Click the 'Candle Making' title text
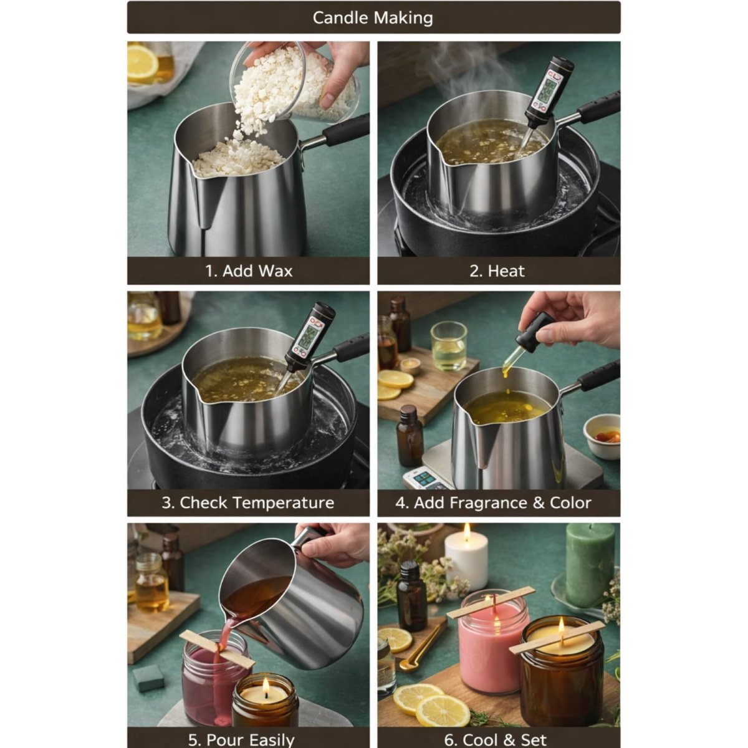pyautogui.click(x=373, y=17)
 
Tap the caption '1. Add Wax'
pyautogui.click(x=249, y=271)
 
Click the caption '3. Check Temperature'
pyautogui.click(x=248, y=503)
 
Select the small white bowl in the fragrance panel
pyautogui.click(x=602, y=436)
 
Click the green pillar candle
pyautogui.click(x=589, y=564)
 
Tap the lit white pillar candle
pyautogui.click(x=466, y=564)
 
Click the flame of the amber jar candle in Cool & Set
pyautogui.click(x=562, y=625)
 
